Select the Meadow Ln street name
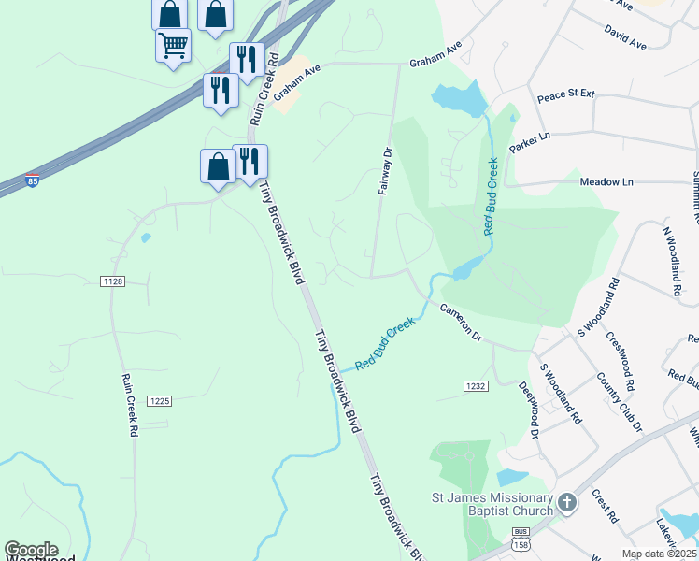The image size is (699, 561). pos(606,181)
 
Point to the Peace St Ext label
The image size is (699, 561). pos(565,95)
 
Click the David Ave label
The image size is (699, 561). pos(625,38)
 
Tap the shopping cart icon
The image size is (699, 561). pos(174,44)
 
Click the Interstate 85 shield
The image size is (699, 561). pos(33,180)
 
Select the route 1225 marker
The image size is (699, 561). pos(160,401)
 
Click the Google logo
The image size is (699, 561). pos(31,551)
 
